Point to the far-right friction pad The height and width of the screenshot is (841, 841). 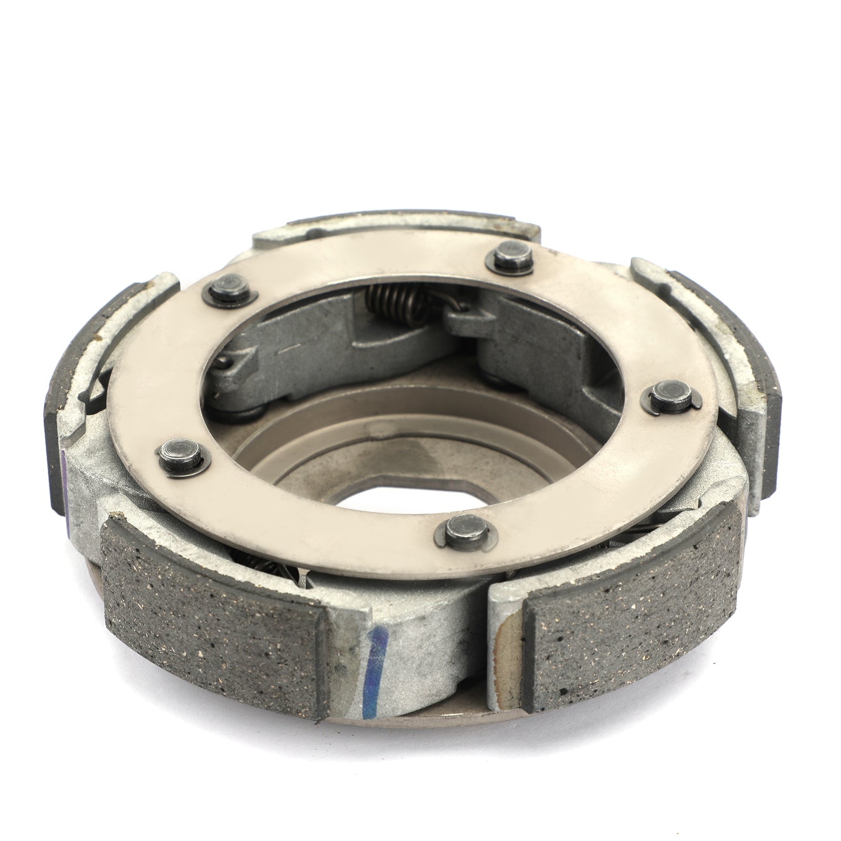[757, 378]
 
